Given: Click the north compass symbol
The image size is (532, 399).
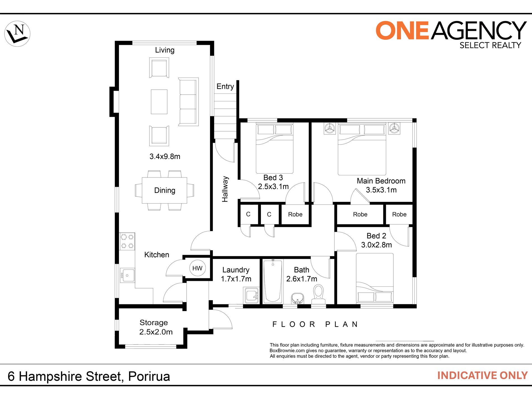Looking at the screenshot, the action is pyautogui.click(x=17, y=34).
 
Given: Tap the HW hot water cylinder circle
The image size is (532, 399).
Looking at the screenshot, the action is pyautogui.click(x=197, y=268).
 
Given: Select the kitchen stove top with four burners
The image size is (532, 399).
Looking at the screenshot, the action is pyautogui.click(x=127, y=241).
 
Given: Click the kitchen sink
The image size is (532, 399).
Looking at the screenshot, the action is pyautogui.click(x=127, y=276).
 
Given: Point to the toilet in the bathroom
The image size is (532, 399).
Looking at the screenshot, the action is pyautogui.click(x=318, y=294).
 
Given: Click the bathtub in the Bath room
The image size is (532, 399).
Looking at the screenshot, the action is pyautogui.click(x=273, y=281).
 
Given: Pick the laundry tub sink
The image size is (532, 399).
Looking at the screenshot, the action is pyautogui.click(x=251, y=296).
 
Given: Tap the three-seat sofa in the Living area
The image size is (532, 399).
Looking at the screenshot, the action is pyautogui.click(x=188, y=102).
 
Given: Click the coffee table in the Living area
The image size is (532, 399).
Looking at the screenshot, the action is pyautogui.click(x=159, y=102).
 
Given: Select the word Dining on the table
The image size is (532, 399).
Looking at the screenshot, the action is pyautogui.click(x=165, y=190).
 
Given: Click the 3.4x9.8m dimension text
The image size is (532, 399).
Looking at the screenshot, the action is pyautogui.click(x=165, y=156).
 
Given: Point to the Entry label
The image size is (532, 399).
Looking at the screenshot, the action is pyautogui.click(x=225, y=87).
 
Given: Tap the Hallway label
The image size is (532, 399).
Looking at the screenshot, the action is pyautogui.click(x=225, y=189).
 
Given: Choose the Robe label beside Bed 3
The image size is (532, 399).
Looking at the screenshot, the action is pyautogui.click(x=295, y=214).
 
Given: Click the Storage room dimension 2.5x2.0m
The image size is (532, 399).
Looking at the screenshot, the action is pyautogui.click(x=156, y=332).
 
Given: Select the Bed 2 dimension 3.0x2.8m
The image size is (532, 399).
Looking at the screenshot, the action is pyautogui.click(x=376, y=245).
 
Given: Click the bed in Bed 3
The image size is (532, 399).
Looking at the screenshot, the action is pyautogui.click(x=274, y=148).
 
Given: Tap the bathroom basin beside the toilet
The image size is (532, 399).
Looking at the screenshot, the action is pyautogui.click(x=297, y=298).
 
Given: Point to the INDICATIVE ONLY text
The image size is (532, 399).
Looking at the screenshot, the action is pyautogui.click(x=482, y=375).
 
